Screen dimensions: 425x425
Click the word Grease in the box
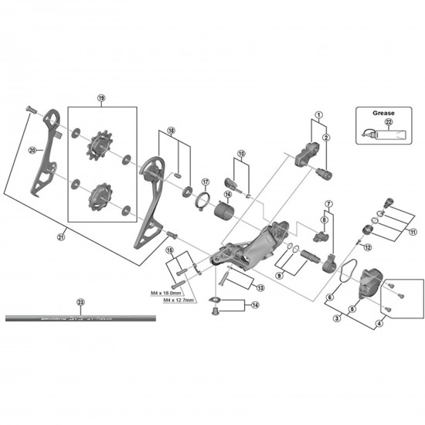pyautogui.click(x=383, y=111)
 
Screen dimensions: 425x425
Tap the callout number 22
pyautogui.click(x=389, y=121)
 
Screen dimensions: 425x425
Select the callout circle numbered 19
pyautogui.click(x=100, y=98)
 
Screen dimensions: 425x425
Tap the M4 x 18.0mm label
pyautogui.click(x=165, y=294)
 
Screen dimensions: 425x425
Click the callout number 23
pyautogui.click(x=81, y=302)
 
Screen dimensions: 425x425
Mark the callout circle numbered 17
pyautogui.click(x=205, y=182)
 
